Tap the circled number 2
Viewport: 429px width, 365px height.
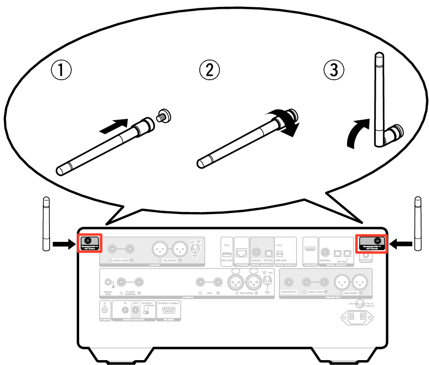click(209, 70)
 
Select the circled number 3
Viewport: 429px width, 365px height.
click(334, 70)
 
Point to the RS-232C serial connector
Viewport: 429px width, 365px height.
click(170, 311)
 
